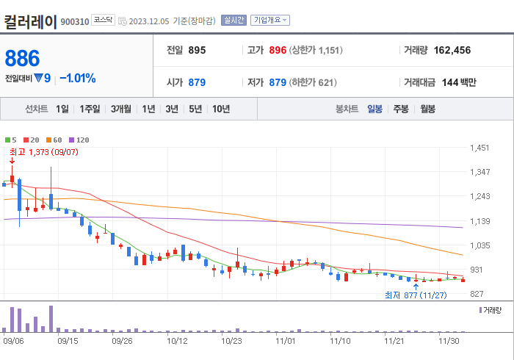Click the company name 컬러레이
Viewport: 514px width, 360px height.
30,21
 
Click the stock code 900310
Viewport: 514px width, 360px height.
75,22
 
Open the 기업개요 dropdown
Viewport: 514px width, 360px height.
270,21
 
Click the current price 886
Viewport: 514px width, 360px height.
23,59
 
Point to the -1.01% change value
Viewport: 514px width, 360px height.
78,78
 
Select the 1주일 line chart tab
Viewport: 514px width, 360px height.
90,109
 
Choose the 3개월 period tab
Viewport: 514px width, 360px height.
121,109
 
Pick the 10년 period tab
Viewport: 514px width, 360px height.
220,109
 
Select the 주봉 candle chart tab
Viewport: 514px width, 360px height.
400,109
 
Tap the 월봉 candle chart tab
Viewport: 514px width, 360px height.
427,109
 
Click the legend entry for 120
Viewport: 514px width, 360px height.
79,140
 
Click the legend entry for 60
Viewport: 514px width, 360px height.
54,140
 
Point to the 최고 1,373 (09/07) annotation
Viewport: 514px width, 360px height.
44,152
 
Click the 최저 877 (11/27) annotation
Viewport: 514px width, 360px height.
416,295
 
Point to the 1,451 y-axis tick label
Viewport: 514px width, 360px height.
479,148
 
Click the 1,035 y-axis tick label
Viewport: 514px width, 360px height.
479,245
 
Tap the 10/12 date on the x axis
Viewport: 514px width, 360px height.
177,341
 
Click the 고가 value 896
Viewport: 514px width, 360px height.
278,50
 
